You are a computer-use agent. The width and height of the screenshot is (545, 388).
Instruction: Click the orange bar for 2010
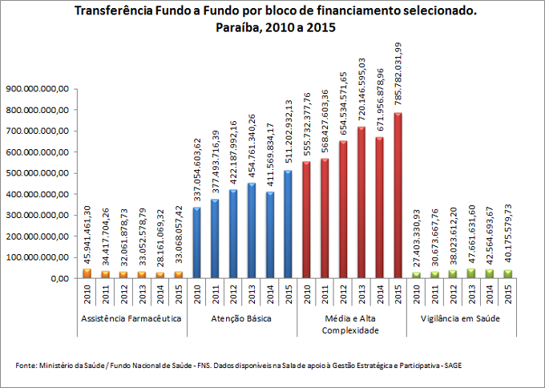pos(86,273)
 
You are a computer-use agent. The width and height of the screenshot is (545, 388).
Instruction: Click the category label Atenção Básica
pos(241,318)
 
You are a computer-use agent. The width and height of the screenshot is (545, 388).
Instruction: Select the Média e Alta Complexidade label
pos(351,324)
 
